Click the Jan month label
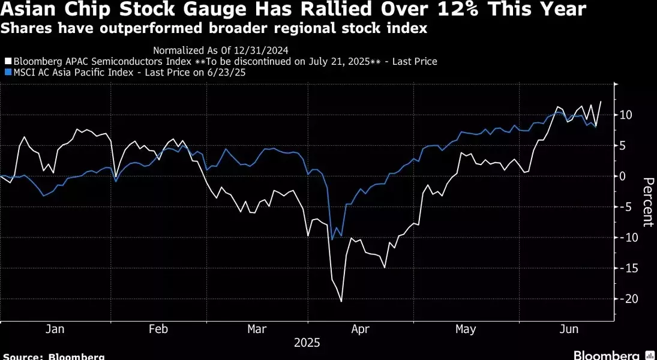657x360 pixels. coord(55,329)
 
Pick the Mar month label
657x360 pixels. coord(257,329)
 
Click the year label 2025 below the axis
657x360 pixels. coord(307,343)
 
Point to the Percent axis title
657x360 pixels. coord(647,202)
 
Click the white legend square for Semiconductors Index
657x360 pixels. coord(8,61)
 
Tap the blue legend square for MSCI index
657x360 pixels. coord(8,73)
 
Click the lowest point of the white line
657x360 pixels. coord(341,301)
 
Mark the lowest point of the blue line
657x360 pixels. coord(332,240)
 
